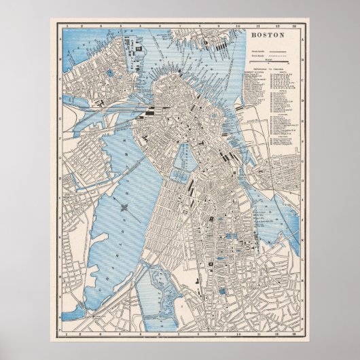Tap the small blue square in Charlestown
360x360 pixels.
[109, 71]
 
